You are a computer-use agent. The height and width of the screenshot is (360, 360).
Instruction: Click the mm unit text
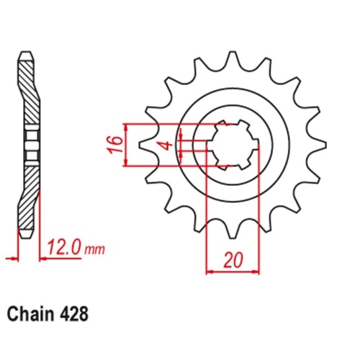pyautogui.click(x=94, y=251)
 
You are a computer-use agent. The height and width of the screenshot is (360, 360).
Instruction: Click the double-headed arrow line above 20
pyautogui.click(x=233, y=273)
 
